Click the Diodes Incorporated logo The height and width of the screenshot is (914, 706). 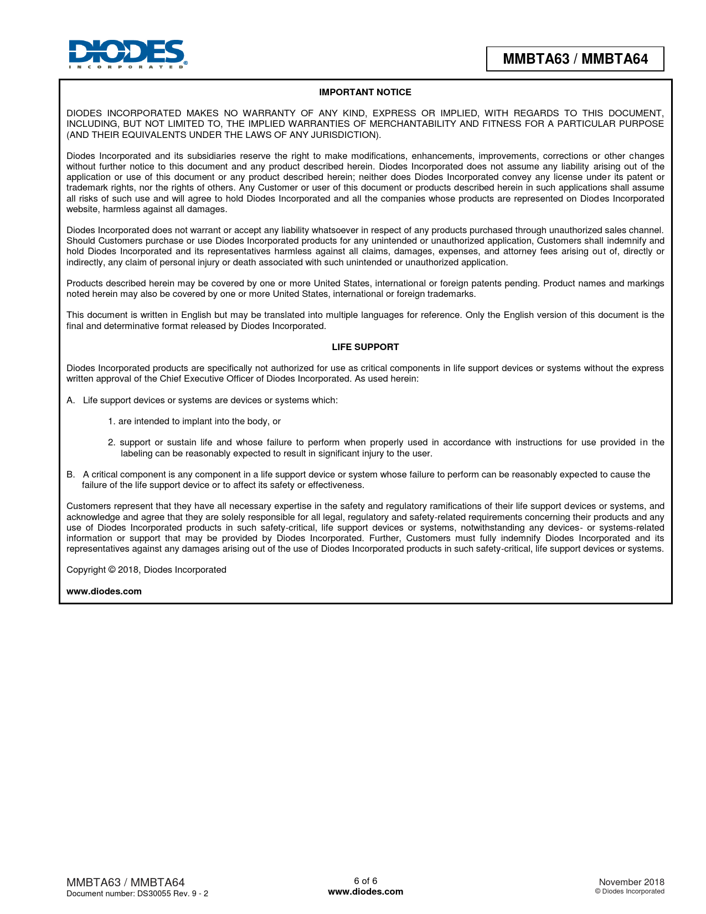pos(127,54)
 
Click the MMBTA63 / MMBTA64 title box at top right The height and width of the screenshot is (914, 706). pos(575,59)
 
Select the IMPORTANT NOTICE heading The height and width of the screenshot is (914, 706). pos(365,92)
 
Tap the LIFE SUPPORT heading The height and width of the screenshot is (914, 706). pos(365,347)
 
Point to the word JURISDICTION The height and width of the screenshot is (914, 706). pos(343,135)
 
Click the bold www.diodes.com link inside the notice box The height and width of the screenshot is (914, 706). pos(104,591)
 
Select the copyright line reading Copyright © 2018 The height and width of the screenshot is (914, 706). pos(146,569)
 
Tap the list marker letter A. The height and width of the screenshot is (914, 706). pos(70,400)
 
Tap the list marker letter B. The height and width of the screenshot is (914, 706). pos(70,474)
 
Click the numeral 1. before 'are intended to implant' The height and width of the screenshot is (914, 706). pos(111,421)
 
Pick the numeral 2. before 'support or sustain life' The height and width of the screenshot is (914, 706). pos(111,442)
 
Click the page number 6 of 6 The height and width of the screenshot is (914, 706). pos(365,881)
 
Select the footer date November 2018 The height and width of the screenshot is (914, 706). pos(631,882)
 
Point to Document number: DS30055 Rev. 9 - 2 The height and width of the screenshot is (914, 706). pos(137,894)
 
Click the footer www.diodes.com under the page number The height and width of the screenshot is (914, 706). pos(365,891)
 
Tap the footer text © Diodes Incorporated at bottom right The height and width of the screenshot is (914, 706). pos(630,891)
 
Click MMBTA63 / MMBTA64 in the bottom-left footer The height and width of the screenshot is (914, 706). pos(125,882)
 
